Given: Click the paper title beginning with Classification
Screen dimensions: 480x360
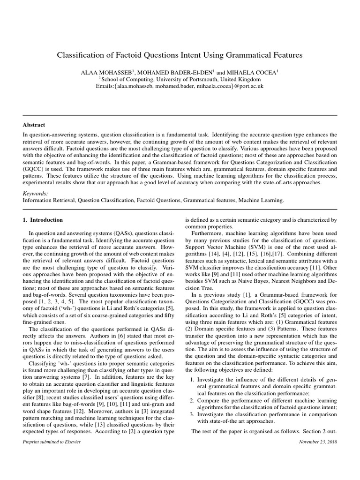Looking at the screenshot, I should (x=180, y=55).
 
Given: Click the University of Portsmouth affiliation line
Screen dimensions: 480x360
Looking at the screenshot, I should (x=180, y=79).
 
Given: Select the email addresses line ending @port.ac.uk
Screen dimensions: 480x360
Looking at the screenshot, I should (x=180, y=86).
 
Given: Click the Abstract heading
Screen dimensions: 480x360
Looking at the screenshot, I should (x=34, y=125).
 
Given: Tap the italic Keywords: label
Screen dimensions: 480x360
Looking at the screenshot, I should (x=35, y=193).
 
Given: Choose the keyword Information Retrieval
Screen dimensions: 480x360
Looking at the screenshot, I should (x=49, y=200).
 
